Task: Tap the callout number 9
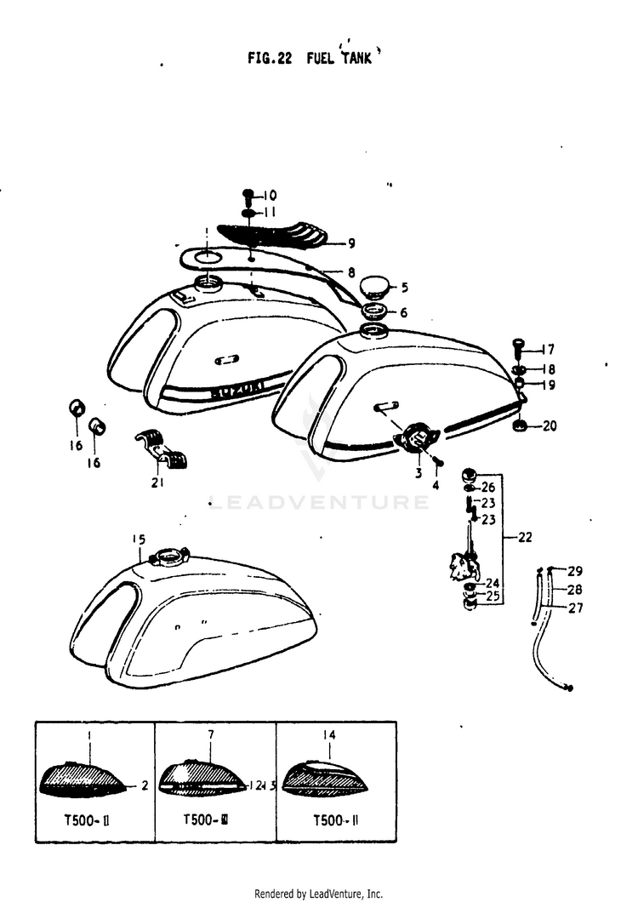[351, 243]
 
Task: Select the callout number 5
[404, 287]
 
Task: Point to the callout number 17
[549, 349]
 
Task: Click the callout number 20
[550, 425]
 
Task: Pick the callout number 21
[157, 482]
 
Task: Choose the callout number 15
[139, 539]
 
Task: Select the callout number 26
[487, 488]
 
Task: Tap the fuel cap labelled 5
[374, 285]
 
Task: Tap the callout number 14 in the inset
[331, 734]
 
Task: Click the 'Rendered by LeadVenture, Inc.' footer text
[319, 893]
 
